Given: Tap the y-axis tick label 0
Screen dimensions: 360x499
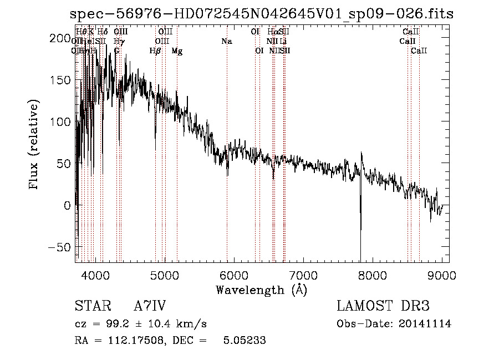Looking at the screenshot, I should [68, 205].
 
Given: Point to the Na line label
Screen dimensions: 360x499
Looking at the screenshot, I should [226, 42].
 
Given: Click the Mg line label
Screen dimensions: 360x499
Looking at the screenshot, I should [177, 51].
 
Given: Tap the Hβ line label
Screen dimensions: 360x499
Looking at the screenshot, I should [155, 51].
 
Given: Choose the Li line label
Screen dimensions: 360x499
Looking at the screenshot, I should [283, 42].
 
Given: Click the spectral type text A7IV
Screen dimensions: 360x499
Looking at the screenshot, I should [150, 306].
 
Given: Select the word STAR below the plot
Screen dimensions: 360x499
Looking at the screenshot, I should [92, 306].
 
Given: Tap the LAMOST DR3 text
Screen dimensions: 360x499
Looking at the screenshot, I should [383, 306].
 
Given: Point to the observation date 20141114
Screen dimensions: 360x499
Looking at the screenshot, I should [426, 324].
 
